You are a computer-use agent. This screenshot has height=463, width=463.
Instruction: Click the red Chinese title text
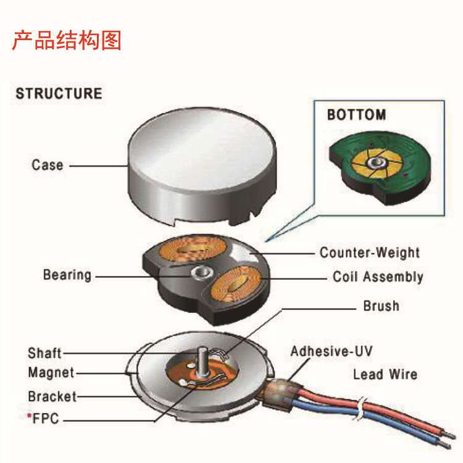coord(67,40)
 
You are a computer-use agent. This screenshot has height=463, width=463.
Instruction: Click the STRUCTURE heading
coord(59,94)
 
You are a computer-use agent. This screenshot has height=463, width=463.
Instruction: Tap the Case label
coord(48,165)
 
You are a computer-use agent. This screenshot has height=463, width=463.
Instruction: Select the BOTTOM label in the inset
coord(356,115)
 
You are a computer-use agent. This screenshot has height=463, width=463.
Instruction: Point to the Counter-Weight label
coord(369,252)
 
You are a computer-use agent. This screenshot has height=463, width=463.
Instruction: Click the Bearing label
coord(67,275)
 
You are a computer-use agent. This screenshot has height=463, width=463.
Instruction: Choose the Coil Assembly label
coord(378,277)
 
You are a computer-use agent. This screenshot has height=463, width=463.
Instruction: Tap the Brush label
coord(381,306)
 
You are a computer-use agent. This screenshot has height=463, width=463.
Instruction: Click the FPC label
coord(46,419)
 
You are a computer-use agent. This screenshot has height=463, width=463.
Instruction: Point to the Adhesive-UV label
coord(332,352)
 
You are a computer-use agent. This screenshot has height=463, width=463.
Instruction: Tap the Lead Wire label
coord(385,374)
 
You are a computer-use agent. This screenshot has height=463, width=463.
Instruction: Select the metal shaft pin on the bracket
coord(201,364)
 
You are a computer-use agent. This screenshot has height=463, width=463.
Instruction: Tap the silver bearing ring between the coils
coord(199,272)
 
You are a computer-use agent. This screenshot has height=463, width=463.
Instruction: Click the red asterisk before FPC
coord(29,417)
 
